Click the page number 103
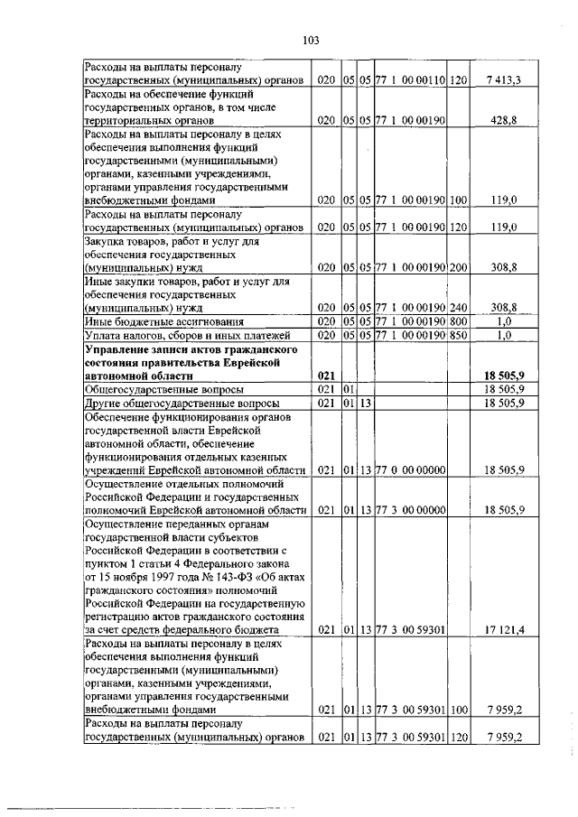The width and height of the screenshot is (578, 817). click(311, 40)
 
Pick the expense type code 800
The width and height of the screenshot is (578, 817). click(458, 320)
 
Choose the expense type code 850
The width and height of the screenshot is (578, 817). click(458, 335)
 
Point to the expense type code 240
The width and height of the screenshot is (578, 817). click(458, 307)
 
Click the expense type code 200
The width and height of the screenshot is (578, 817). click(458, 268)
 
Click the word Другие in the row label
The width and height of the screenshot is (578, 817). click(103, 403)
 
